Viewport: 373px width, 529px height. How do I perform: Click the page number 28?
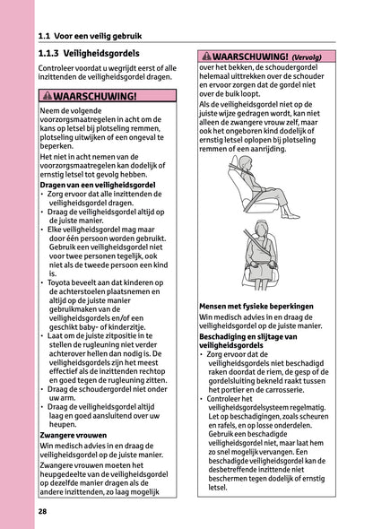coord(43,511)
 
